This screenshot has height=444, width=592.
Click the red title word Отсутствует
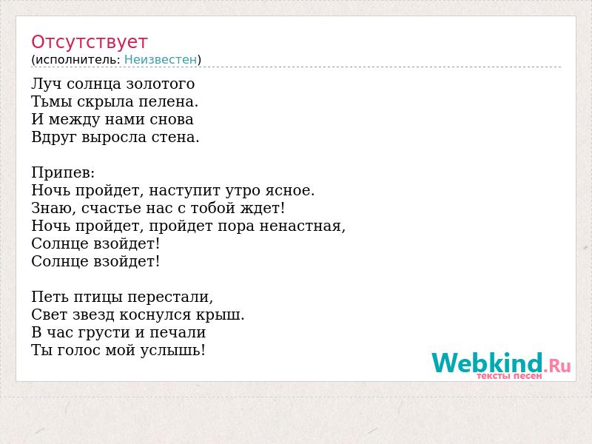coord(89,42)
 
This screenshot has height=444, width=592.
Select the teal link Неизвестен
coord(161,59)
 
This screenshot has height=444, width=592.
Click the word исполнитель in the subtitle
coord(78,60)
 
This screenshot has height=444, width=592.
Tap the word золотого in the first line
coord(161,84)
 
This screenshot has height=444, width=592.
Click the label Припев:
coord(63,173)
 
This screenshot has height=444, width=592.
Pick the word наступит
coord(185,191)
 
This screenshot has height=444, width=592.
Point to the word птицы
coord(98,297)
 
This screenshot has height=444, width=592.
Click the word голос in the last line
coord(79,351)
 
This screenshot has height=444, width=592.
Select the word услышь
coord(173,351)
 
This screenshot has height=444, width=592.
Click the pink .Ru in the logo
coord(557,366)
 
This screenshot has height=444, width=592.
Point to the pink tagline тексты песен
coord(509,376)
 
